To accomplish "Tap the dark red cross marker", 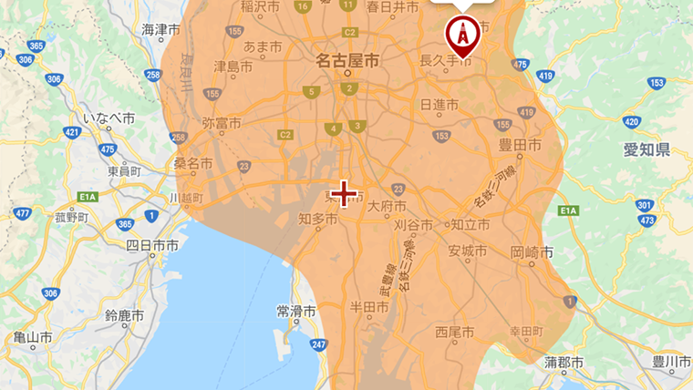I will (344, 193).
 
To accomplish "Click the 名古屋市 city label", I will (346, 62).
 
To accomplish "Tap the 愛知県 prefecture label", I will (647, 149).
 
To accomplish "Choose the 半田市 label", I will (369, 307).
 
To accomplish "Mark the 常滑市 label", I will (295, 311).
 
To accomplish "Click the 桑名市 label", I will (194, 165).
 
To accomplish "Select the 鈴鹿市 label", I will (124, 315).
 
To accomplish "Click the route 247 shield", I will (317, 344).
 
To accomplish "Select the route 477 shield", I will (23, 214).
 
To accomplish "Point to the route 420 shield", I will (631, 121).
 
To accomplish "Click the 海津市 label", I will (161, 30).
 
